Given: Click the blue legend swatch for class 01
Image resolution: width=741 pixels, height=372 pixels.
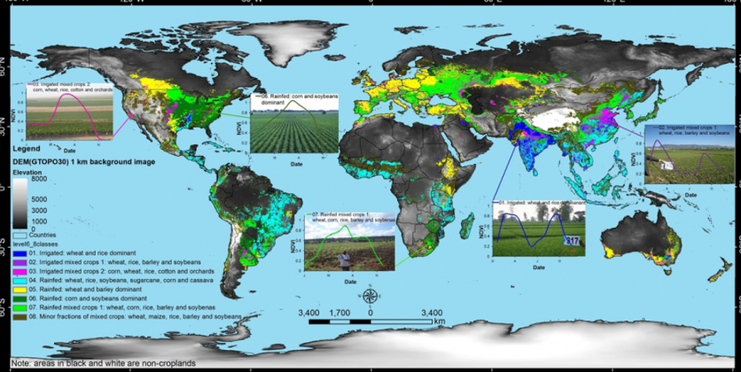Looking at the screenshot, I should [19, 253].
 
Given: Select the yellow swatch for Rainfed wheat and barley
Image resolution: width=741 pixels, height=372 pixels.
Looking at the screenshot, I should [19, 288].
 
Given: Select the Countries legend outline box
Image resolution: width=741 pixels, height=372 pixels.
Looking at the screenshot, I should [19, 235].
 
